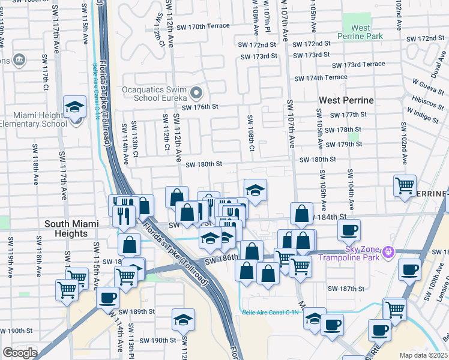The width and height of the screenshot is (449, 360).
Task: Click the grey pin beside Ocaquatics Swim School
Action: [196, 94]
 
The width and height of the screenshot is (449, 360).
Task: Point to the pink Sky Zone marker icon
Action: [388, 250]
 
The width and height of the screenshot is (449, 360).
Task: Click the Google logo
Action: [19, 353]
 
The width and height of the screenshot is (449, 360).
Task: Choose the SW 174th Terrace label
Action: [321, 77]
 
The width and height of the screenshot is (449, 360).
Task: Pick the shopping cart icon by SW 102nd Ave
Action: [405, 185]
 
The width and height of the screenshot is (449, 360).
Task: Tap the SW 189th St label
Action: [137, 311]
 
